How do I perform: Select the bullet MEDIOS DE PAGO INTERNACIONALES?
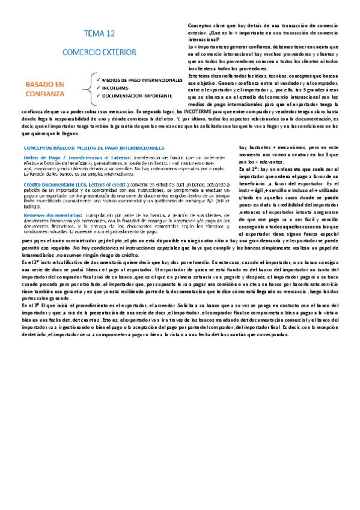(142, 80)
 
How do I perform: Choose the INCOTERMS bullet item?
(117, 88)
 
